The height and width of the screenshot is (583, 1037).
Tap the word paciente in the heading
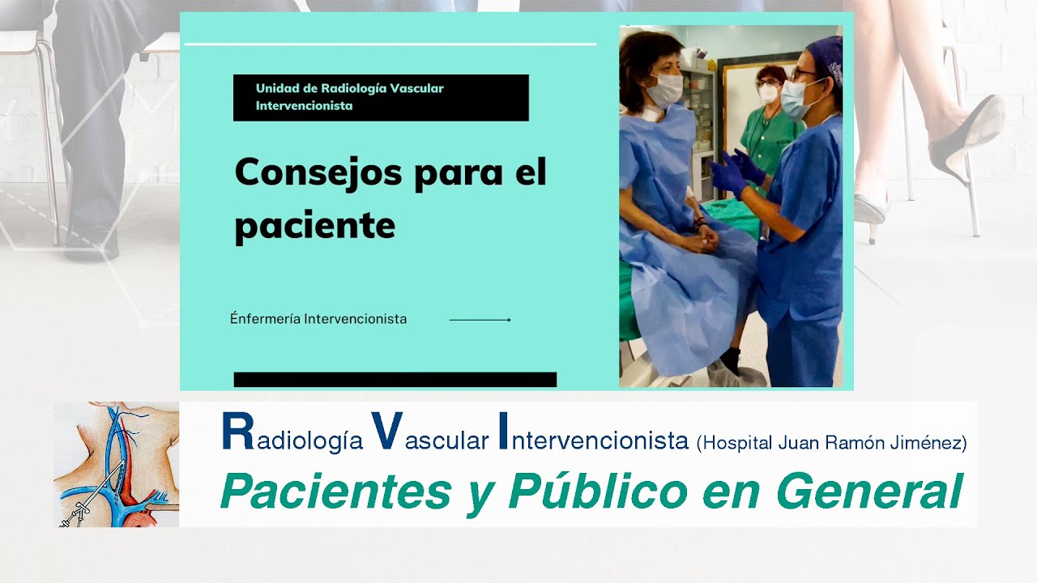(314, 225)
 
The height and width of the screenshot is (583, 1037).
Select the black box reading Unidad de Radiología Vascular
(381, 98)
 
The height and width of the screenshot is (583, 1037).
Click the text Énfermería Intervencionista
(318, 319)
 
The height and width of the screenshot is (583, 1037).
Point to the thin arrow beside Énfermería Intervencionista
(480, 320)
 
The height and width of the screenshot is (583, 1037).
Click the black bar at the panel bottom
(395, 379)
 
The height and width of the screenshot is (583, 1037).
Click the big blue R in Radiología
(238, 432)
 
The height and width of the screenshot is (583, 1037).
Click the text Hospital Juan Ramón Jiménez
(831, 443)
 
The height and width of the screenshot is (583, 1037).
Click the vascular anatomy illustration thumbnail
(116, 465)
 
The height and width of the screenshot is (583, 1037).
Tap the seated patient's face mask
(666, 90)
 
